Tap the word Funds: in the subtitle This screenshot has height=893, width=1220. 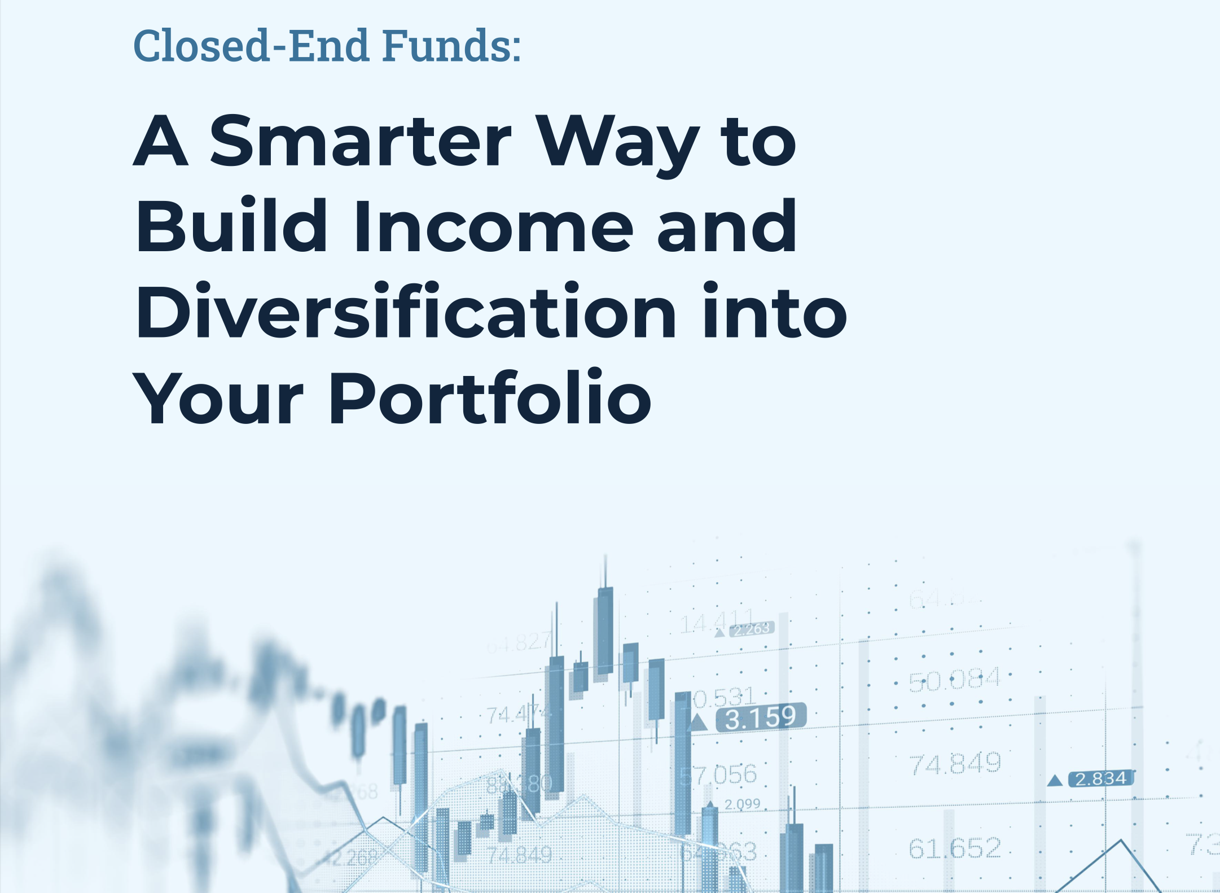[x=451, y=45]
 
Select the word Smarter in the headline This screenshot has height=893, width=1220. [x=361, y=141]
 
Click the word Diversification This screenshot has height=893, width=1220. [x=406, y=312]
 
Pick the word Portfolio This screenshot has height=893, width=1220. [x=490, y=398]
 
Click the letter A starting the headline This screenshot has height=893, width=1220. [x=160, y=141]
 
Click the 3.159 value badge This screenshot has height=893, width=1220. [x=761, y=717]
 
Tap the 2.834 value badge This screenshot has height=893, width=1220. [x=1101, y=779]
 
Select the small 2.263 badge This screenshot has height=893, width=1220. [x=752, y=629]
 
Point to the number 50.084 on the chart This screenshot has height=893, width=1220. [x=954, y=680]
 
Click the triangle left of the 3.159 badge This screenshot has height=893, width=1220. [x=698, y=723]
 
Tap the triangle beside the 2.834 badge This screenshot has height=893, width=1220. [x=1055, y=781]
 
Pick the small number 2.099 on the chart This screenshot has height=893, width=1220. [x=742, y=804]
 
